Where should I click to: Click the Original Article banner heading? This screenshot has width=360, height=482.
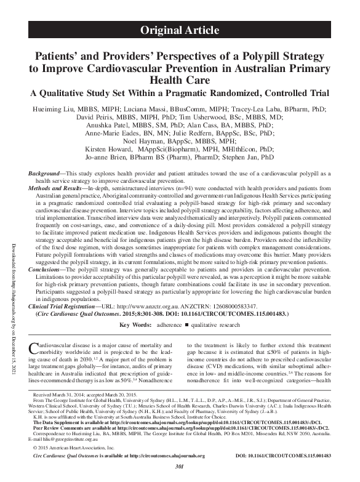coord(180,30)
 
